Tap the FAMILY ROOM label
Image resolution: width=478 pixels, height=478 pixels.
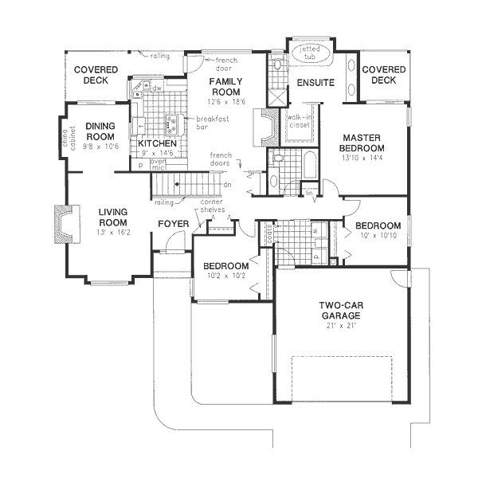(x=226, y=87)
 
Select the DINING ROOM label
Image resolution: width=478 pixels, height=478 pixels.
(x=101, y=131)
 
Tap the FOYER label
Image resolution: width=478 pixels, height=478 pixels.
(x=173, y=224)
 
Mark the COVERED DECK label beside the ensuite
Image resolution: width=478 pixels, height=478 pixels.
(x=383, y=75)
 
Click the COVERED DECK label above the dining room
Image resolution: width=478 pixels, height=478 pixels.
(x=96, y=75)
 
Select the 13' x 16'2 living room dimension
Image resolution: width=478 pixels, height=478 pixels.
(x=112, y=231)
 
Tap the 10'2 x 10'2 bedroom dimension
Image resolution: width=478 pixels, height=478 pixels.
(x=224, y=275)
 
